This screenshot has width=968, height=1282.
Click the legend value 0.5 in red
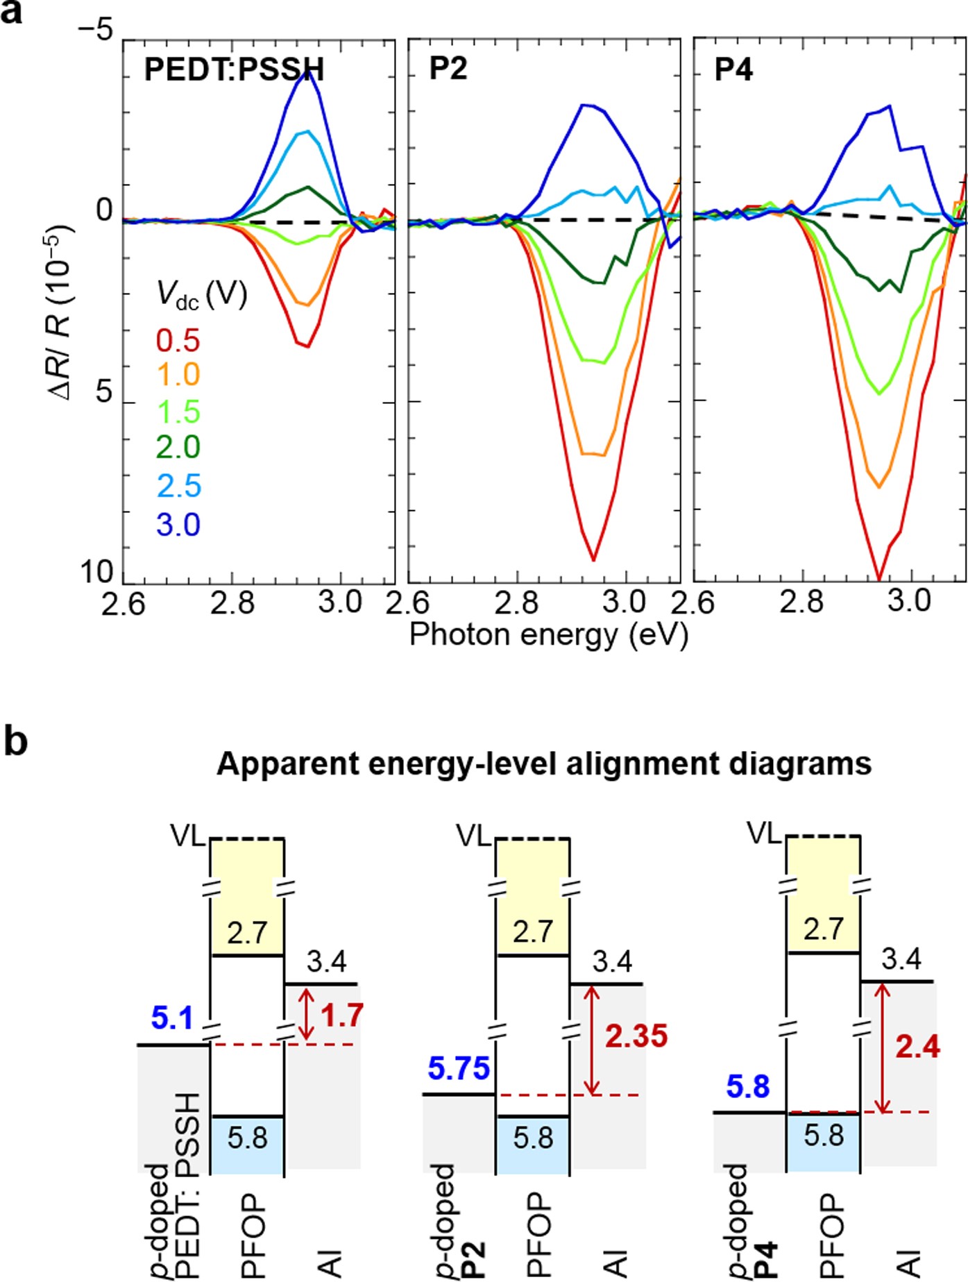coord(178,341)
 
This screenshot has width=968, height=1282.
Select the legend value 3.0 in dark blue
coord(178,525)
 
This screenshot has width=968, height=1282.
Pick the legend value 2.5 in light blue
coord(178,486)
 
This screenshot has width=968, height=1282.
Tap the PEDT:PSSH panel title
coord(234,69)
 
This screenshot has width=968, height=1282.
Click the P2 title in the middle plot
coord(448,69)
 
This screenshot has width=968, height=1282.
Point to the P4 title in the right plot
coord(733,69)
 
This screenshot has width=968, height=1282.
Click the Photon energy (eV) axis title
coord(548,634)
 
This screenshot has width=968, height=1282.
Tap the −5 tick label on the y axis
coord(95,31)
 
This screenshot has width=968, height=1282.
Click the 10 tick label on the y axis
coord(96,573)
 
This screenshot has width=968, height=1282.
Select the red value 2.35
coord(636,1036)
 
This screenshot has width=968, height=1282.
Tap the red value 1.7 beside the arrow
coord(342,1015)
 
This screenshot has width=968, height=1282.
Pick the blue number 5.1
coord(172,1019)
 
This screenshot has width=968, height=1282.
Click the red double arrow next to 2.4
coord(881,1047)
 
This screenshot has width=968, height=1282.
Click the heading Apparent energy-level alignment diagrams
coord(544,764)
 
